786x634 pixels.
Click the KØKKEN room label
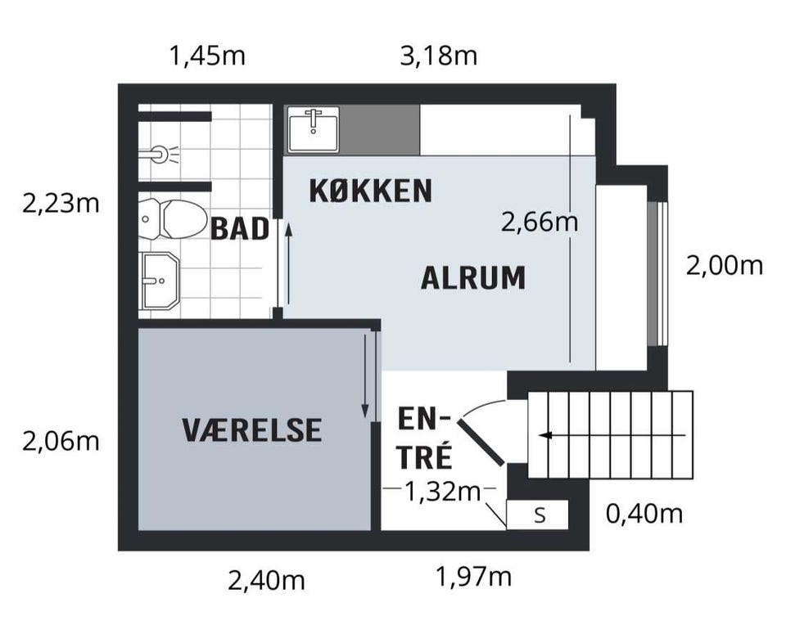pos(370,191)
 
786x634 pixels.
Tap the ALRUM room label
pos(472,278)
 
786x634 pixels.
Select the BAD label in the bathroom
pos(240,229)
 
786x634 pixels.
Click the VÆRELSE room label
pos(252,429)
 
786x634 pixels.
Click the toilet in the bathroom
pos(174,219)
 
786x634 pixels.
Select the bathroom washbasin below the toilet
pos(160,281)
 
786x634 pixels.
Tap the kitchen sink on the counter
pos(314,129)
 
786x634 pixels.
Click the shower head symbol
pos(159,153)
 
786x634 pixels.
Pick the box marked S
pos(538,515)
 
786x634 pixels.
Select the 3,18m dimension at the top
pos(439,56)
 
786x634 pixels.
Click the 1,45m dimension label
pos(206,56)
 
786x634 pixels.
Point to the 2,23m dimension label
pos(61,203)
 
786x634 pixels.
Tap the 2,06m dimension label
pos(61,441)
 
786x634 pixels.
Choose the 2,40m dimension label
pos(266,581)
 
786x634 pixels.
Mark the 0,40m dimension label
pos(644,514)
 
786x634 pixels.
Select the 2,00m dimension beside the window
pos(724,266)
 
